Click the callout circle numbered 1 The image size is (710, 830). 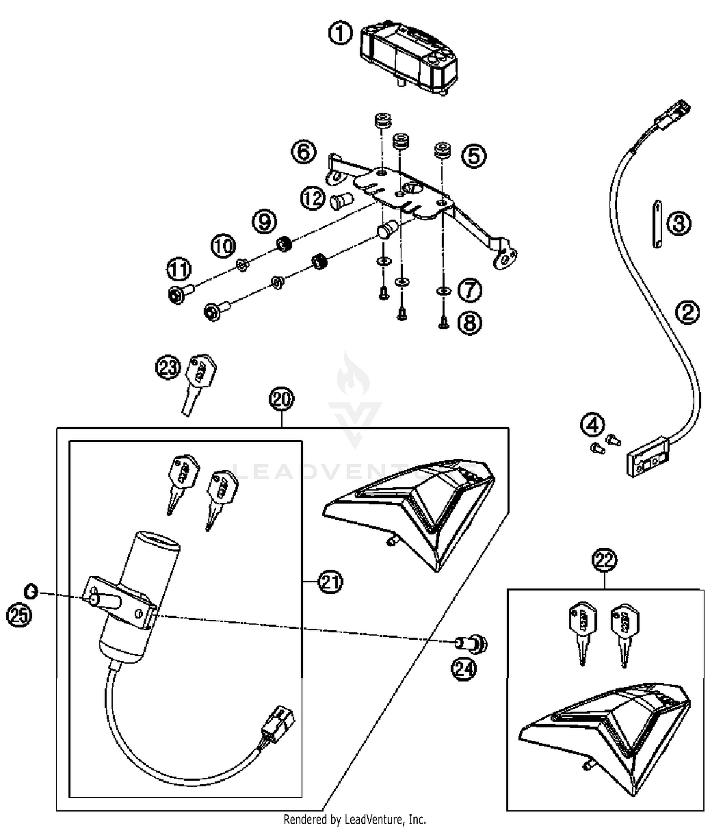pos(340,34)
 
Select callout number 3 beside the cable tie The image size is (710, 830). pos(679,223)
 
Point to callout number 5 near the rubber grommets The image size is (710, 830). pos(474,156)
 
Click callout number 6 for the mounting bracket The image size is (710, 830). pos(303,152)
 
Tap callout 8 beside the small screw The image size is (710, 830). pos(470,323)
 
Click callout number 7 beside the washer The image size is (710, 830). pos(470,290)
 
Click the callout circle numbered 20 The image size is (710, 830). pos(282,399)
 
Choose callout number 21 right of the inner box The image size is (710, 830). pos(330,581)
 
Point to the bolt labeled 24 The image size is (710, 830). pos(470,644)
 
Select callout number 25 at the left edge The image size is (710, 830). pos(19,616)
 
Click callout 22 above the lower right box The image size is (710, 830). pos(604,561)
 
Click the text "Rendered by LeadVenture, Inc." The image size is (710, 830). pos(355,819)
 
